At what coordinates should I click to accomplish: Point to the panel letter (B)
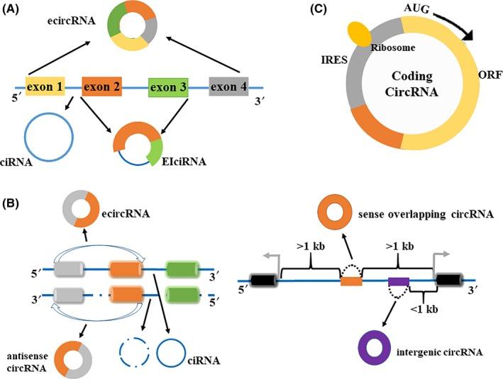click(14, 206)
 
